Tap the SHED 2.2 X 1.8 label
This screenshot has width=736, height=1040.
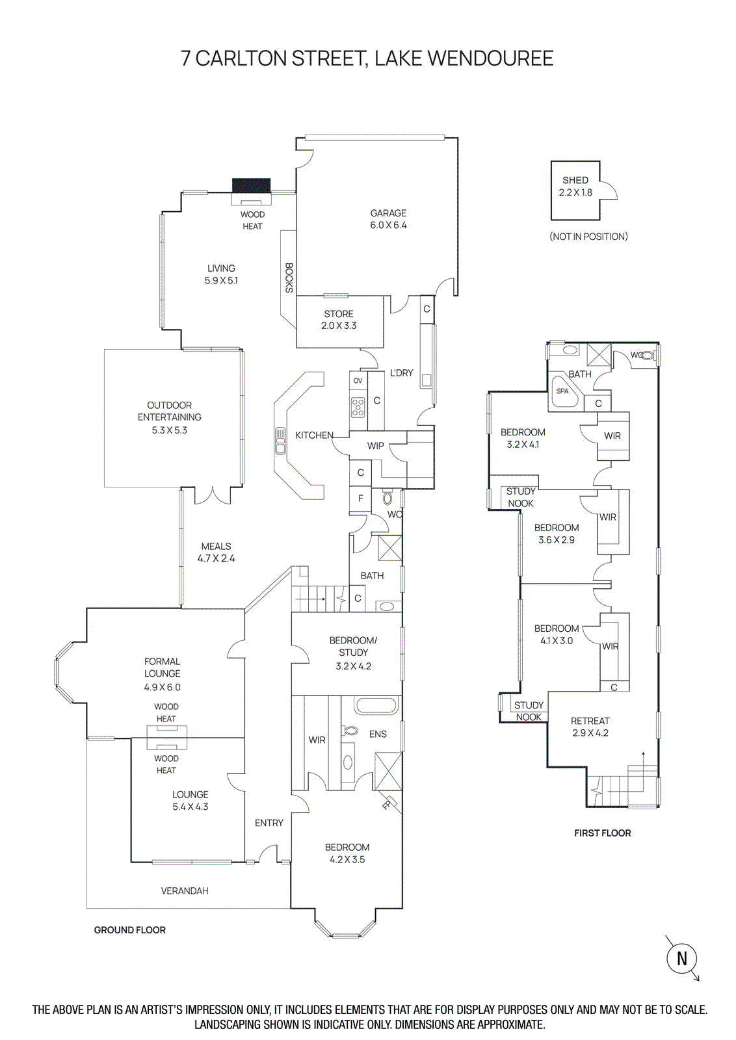pos(575,186)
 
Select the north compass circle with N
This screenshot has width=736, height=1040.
pos(681,958)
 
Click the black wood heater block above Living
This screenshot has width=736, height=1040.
pos(252,185)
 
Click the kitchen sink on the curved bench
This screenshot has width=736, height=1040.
pos(280,440)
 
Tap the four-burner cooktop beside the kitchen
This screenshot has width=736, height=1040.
pos(358,407)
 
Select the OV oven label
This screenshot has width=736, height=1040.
pos(358,381)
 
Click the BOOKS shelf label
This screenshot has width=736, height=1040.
pos(289,278)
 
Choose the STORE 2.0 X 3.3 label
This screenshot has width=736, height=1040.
pos(339,320)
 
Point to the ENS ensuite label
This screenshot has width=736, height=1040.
pos(378,734)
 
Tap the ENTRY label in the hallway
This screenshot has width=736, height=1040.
pos(269,823)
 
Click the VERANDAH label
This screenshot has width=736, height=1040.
pos(185,890)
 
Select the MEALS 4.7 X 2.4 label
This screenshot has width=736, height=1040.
pos(216,552)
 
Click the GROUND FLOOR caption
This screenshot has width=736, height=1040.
pos(129,930)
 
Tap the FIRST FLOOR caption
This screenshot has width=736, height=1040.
pos(602,833)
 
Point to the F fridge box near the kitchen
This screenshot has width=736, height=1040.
pos(360,499)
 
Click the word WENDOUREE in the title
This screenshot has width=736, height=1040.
pos(490,58)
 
